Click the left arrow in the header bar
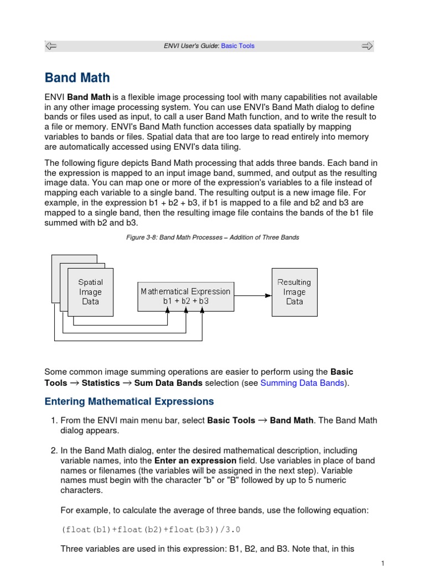click(51, 46)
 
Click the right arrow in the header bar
click(367, 46)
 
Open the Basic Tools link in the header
click(238, 46)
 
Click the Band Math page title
click(77, 78)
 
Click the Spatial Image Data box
click(90, 292)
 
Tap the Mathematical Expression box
click(185, 296)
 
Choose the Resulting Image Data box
click(294, 292)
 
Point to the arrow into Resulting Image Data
click(267, 296)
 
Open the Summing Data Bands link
click(302, 382)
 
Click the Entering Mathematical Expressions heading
click(129, 401)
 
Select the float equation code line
click(151, 530)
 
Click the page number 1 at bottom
click(382, 563)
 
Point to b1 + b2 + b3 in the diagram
click(185, 301)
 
